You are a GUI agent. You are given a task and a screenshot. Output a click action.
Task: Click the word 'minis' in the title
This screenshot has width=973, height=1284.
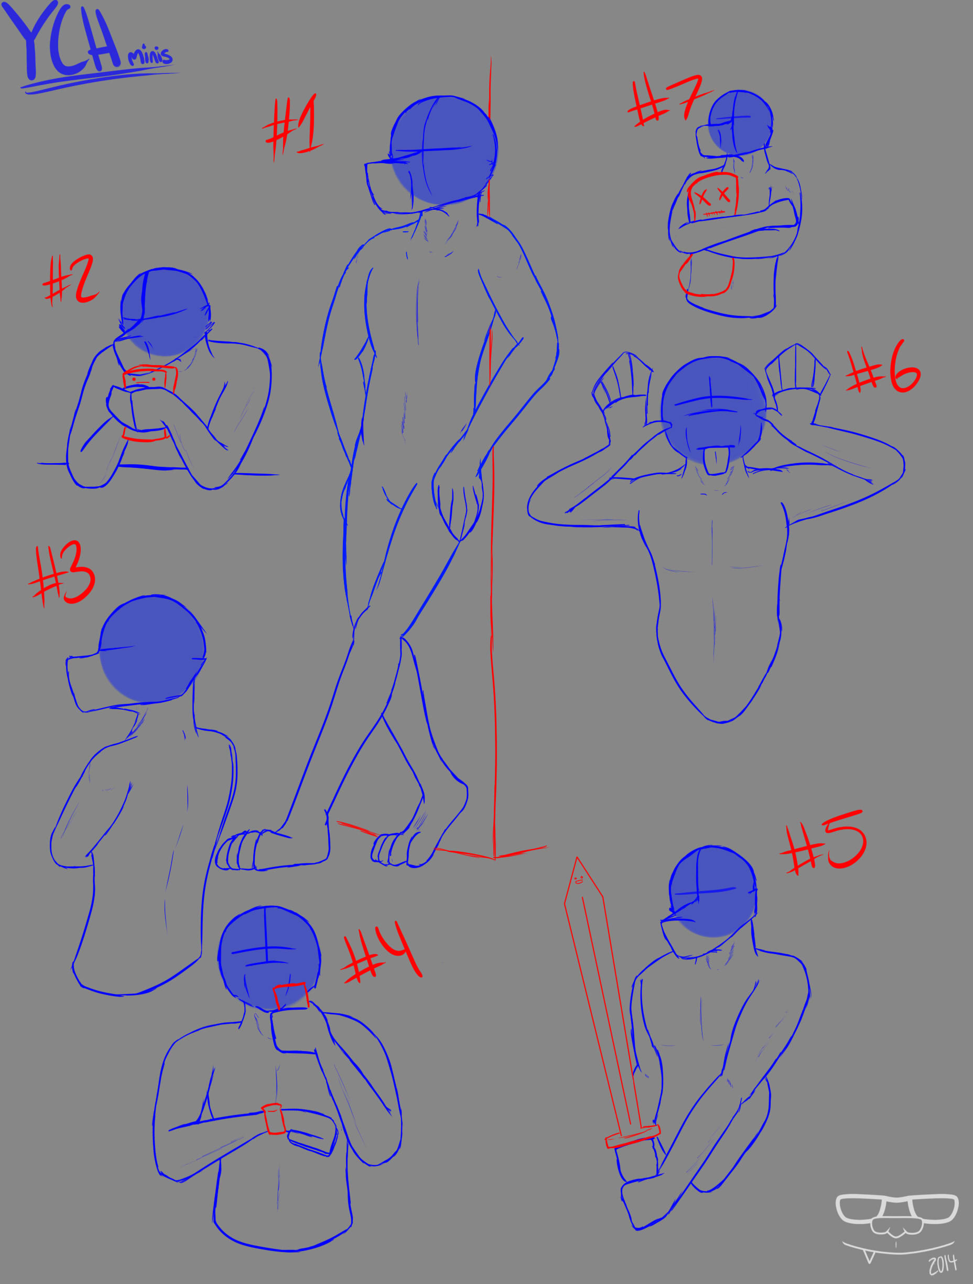coord(150,55)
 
